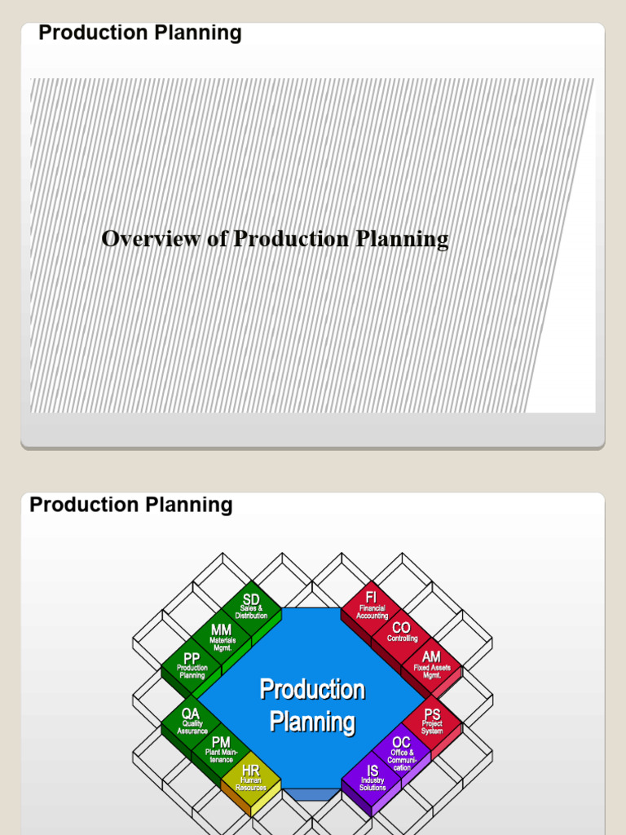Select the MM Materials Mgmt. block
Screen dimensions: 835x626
click(x=222, y=637)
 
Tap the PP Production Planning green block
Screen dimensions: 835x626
click(x=192, y=666)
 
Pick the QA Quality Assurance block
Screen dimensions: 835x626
click(x=192, y=722)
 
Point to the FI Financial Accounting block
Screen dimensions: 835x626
click(x=372, y=607)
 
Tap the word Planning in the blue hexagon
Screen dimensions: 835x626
click(x=312, y=722)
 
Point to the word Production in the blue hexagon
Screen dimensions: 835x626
click(x=312, y=690)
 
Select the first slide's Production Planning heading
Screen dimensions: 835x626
click(x=140, y=33)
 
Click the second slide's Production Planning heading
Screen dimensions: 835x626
click(x=131, y=505)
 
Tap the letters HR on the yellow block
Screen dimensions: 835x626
click(x=251, y=770)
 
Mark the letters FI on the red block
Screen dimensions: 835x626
click(x=372, y=598)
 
